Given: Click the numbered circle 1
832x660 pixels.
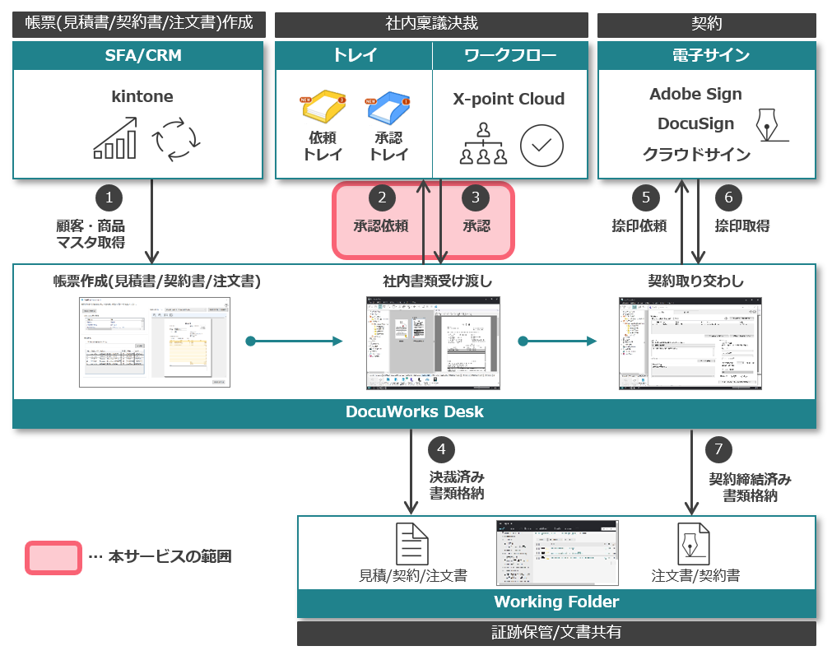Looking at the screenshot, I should click(x=109, y=198).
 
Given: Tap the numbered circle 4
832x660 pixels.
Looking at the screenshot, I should click(x=441, y=449).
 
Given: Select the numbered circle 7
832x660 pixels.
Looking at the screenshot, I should click(x=718, y=449).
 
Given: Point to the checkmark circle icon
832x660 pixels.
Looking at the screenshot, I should click(x=541, y=145).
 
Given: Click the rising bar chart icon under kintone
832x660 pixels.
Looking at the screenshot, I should click(x=115, y=138).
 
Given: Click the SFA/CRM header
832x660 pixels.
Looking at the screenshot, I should click(x=138, y=56).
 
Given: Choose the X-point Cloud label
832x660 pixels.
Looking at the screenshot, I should click(x=509, y=100).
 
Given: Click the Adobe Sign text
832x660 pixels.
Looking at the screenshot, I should click(x=695, y=94).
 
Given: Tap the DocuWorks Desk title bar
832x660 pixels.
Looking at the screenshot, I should click(x=414, y=411).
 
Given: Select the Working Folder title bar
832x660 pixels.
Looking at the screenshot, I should click(x=556, y=602).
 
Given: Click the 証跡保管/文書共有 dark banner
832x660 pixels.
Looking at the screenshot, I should click(x=556, y=633).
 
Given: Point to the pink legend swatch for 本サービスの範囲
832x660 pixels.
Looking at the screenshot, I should click(x=53, y=557).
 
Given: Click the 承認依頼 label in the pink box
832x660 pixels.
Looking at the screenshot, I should click(x=381, y=225).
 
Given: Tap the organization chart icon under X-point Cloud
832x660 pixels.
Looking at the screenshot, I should click(x=483, y=144).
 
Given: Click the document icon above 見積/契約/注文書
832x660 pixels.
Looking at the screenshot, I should click(x=412, y=543).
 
